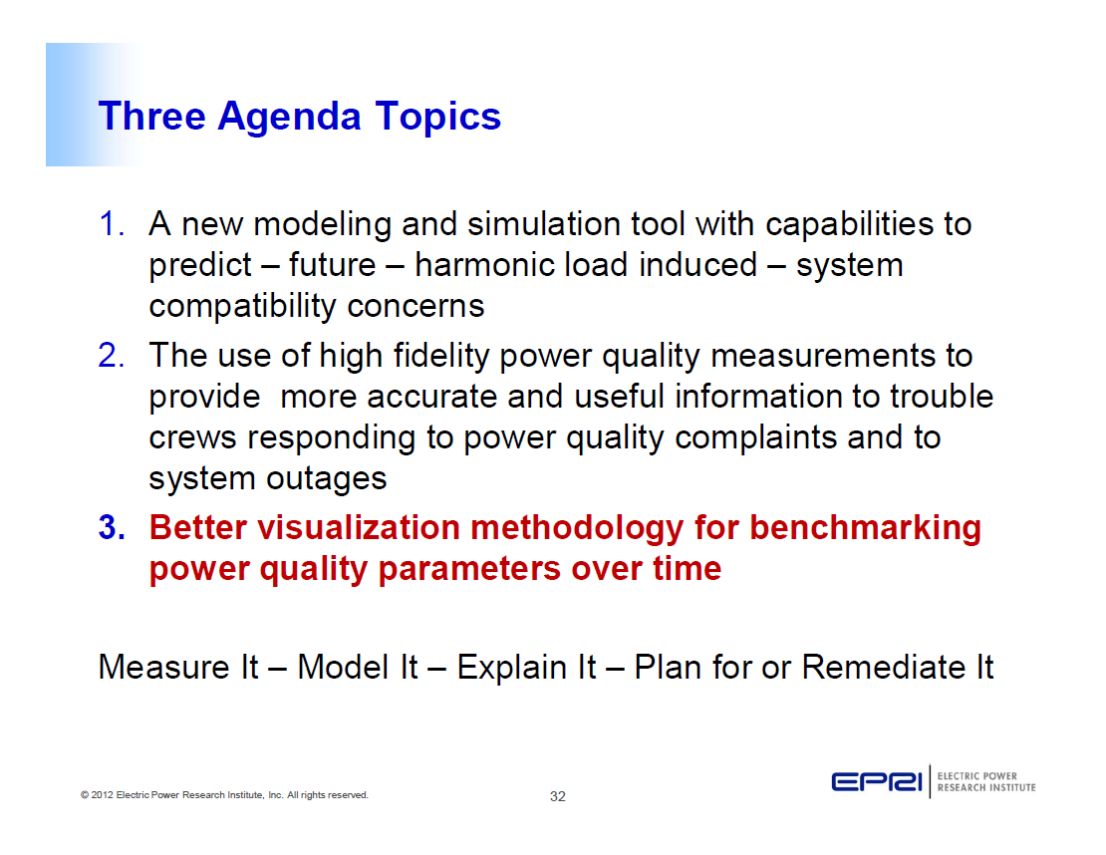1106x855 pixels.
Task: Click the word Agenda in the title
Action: (289, 118)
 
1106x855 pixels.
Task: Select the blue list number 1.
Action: (110, 224)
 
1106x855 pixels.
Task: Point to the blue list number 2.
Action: (110, 355)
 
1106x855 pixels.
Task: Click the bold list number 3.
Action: (111, 528)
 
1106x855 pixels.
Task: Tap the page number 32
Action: (557, 796)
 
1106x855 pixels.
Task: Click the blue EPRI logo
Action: (878, 782)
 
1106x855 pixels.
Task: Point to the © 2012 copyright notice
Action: (224, 795)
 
